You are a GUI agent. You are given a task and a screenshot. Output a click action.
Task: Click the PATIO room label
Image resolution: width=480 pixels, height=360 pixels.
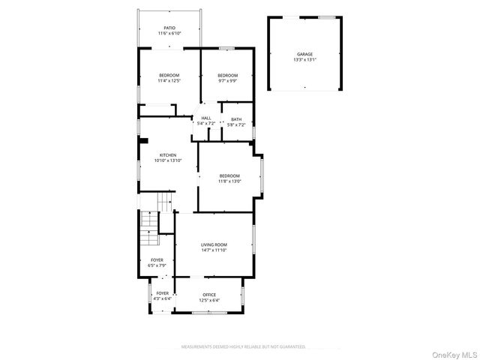point(169,28)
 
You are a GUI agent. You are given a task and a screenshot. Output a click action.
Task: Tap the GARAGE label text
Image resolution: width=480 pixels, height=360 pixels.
point(304,54)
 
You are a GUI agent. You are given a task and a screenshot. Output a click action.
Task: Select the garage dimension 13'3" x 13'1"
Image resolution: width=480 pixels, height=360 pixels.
point(304,60)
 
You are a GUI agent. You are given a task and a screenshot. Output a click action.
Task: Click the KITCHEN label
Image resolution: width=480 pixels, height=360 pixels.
point(167,155)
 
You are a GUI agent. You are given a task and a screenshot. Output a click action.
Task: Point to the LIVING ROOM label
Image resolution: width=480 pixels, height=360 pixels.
point(214,244)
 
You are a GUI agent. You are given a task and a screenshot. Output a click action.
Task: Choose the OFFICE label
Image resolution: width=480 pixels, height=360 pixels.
point(209,294)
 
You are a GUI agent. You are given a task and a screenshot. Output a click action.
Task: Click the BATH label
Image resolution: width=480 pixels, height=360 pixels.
point(236,119)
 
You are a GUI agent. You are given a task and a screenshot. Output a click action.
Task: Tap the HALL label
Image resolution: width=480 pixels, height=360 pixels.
point(206,118)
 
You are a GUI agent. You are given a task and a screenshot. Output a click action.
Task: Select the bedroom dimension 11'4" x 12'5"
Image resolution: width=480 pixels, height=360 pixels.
point(169,81)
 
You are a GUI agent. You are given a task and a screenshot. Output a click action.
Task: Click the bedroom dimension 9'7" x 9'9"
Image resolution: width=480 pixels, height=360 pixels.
point(227,81)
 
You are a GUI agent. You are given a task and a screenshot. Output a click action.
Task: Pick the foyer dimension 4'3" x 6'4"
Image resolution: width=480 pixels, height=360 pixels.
point(163,299)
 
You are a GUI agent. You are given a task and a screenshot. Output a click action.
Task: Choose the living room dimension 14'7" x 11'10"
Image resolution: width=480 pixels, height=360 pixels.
point(214,250)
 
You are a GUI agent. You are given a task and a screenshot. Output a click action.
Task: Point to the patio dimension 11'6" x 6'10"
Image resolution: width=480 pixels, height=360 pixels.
point(169,34)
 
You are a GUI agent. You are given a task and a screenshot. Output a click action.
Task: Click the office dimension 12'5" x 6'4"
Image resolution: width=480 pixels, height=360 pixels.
point(209,300)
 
